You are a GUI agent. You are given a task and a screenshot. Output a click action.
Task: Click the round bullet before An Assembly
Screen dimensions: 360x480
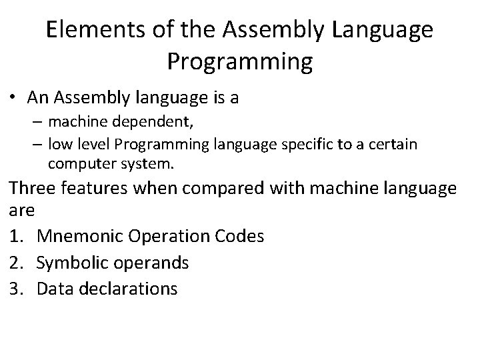(x=14, y=99)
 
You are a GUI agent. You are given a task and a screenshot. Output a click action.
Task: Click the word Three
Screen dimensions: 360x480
(x=31, y=189)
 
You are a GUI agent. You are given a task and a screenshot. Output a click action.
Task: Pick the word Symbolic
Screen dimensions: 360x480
(x=74, y=263)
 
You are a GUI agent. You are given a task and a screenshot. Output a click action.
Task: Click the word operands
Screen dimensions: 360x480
(x=151, y=263)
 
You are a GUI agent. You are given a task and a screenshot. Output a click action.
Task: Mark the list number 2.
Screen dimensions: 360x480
(x=15, y=263)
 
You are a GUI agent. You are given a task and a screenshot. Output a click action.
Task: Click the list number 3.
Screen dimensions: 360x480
(x=15, y=289)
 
